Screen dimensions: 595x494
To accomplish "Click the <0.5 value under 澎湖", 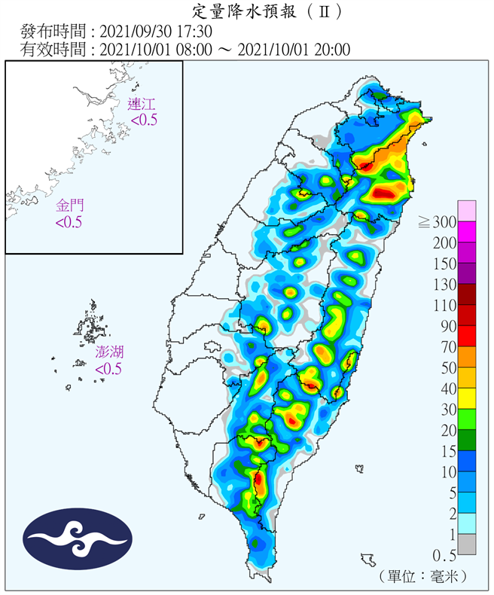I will [x=108, y=369].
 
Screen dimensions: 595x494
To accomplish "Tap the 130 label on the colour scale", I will [x=443, y=284].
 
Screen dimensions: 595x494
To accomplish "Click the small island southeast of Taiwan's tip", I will [x=368, y=560].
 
